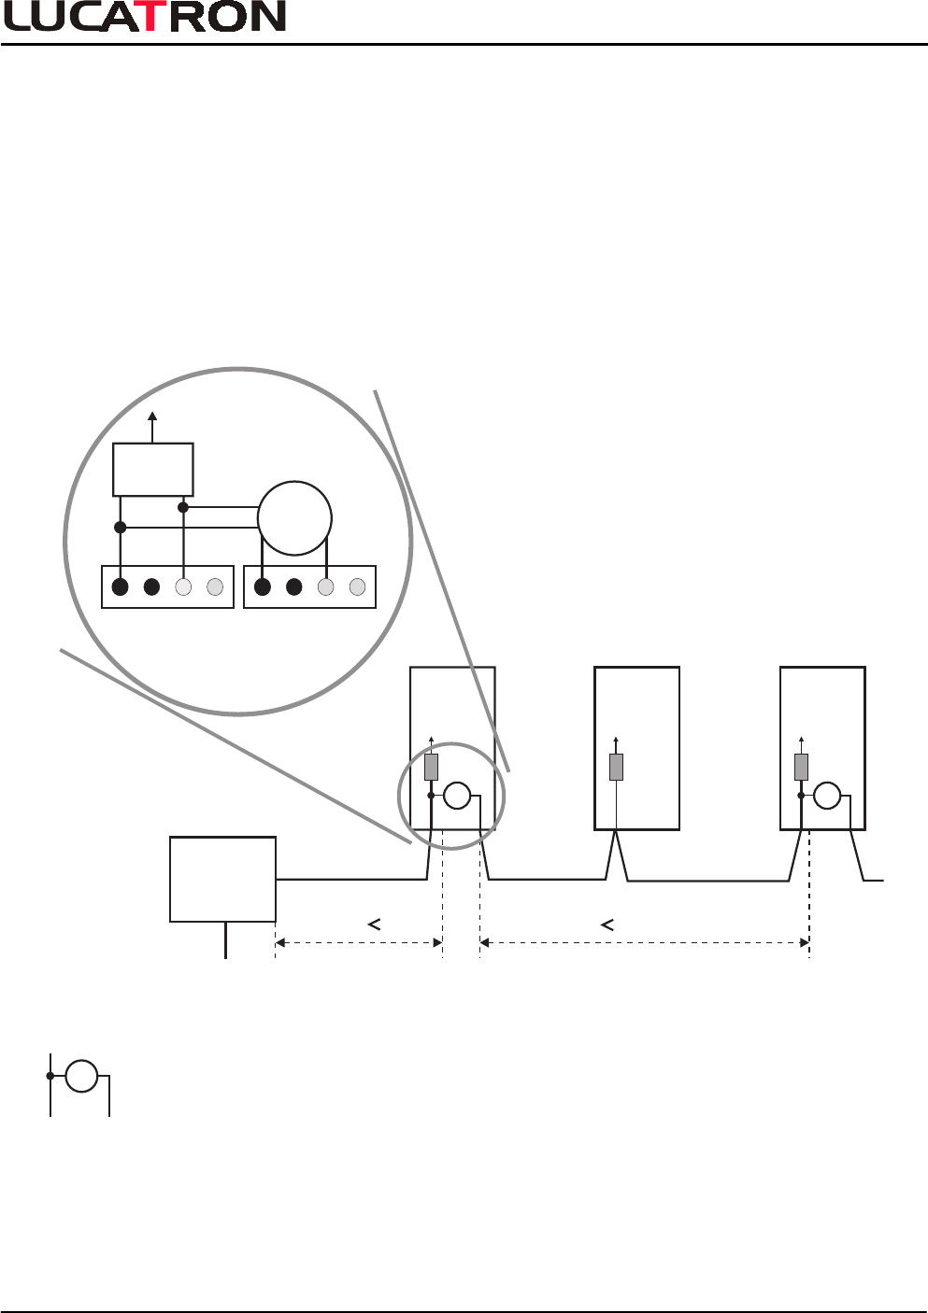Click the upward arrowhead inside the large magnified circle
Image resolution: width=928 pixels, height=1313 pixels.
[x=153, y=416]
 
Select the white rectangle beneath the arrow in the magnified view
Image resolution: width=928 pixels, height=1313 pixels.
[x=153, y=470]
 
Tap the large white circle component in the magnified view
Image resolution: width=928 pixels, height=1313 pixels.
[x=294, y=518]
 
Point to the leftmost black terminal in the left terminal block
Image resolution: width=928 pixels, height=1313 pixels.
[x=120, y=587]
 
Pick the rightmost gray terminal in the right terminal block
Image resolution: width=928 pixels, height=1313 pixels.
[x=357, y=587]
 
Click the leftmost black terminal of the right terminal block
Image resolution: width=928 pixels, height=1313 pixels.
[x=263, y=587]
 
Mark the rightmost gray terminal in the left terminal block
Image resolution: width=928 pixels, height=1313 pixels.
[x=215, y=587]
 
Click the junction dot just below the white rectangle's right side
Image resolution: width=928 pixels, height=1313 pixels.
[x=183, y=507]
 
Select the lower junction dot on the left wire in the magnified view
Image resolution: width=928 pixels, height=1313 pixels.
[x=120, y=528]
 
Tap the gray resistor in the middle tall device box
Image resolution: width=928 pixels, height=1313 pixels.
[x=616, y=767]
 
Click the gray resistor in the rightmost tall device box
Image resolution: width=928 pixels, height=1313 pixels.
[x=801, y=767]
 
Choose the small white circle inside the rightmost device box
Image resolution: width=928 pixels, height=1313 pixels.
[x=827, y=796]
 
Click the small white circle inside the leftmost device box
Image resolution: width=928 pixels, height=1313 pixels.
[x=457, y=796]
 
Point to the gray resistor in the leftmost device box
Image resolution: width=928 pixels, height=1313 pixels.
[x=431, y=767]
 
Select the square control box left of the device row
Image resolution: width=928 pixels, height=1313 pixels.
[x=222, y=879]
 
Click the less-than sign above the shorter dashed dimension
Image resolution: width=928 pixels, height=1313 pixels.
[x=373, y=925]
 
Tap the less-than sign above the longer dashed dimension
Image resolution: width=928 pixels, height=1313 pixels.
[x=607, y=925]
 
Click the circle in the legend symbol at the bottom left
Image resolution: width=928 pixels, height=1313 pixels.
[x=82, y=1076]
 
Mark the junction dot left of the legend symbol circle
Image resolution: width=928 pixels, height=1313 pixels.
[x=50, y=1076]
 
